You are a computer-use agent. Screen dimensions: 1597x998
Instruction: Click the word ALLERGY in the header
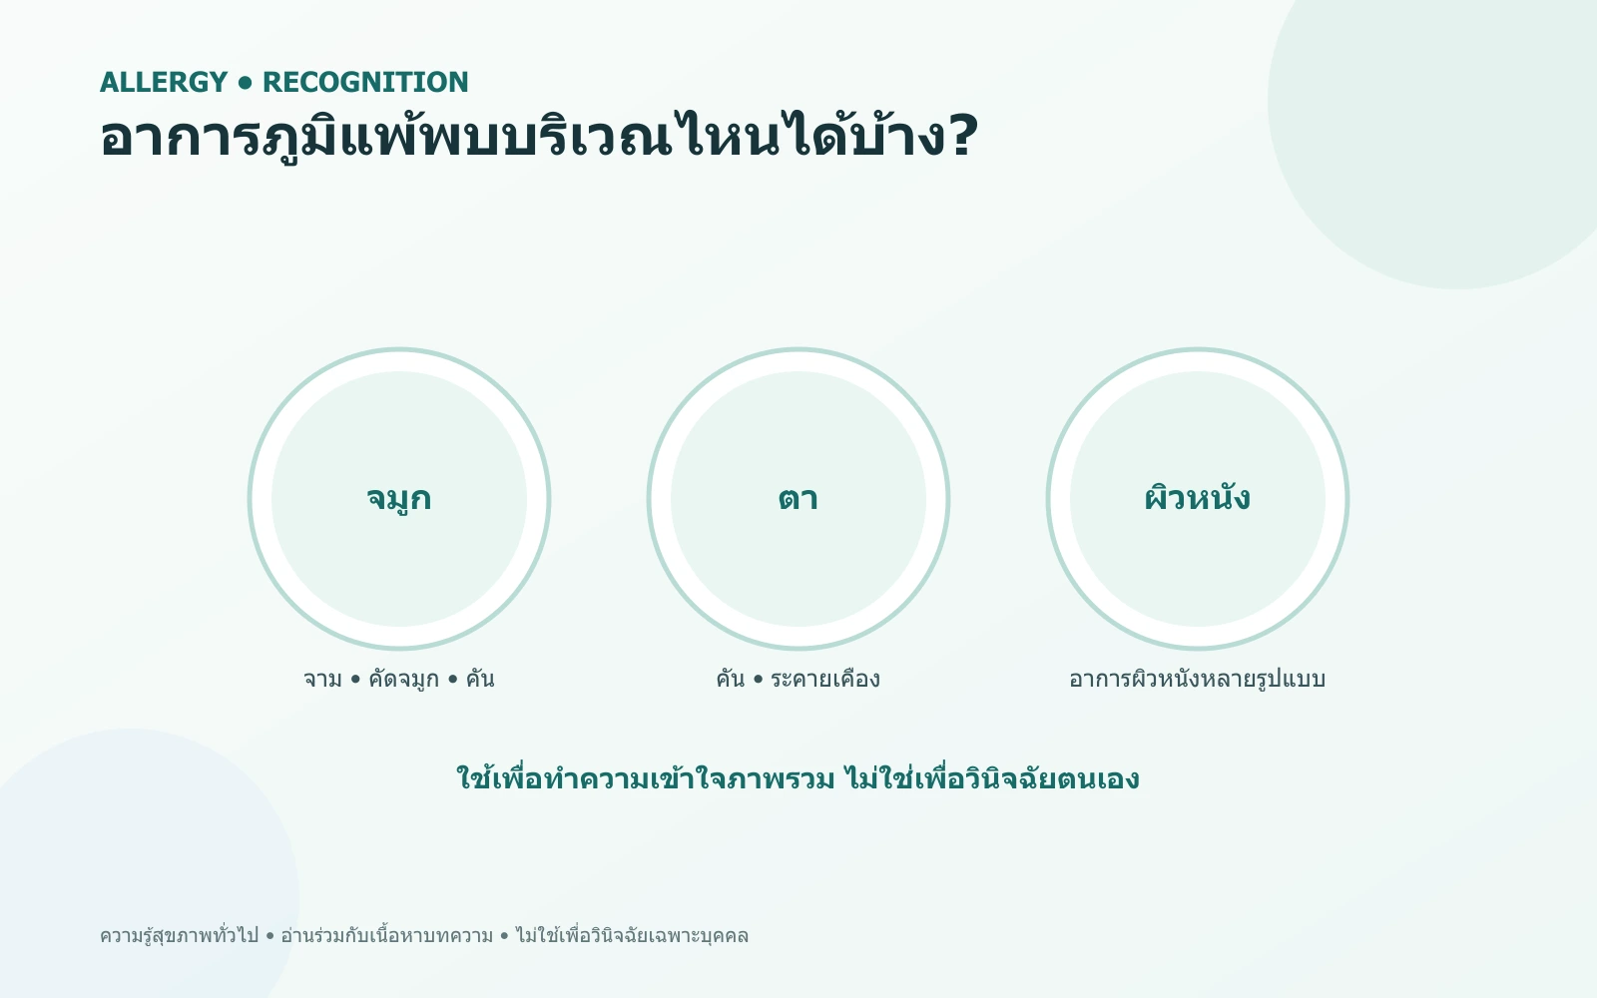click(x=164, y=82)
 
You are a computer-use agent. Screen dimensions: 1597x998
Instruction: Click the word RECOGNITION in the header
click(x=365, y=82)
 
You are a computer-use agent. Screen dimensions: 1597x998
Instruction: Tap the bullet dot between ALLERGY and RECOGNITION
click(x=246, y=84)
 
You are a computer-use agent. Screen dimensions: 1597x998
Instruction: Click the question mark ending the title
click(x=962, y=135)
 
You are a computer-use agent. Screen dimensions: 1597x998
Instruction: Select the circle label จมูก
click(x=399, y=498)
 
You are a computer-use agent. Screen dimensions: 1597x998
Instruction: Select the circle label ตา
click(x=798, y=498)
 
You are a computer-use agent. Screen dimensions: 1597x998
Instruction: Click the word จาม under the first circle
click(x=323, y=679)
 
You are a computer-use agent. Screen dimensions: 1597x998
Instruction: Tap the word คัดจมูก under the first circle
click(x=403, y=679)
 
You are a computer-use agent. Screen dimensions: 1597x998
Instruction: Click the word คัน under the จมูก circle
click(x=480, y=678)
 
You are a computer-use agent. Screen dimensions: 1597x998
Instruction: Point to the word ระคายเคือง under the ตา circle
click(x=825, y=678)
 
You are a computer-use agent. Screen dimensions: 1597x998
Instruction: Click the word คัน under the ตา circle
click(x=731, y=678)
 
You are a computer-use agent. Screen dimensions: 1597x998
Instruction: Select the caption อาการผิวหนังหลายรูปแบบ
click(x=1198, y=678)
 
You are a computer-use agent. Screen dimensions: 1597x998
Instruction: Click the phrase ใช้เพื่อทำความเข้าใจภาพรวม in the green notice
click(x=645, y=777)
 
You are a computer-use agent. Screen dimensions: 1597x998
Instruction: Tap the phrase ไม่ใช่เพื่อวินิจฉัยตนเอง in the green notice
click(x=992, y=777)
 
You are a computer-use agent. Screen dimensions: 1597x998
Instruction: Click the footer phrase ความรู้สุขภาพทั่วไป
click(x=179, y=935)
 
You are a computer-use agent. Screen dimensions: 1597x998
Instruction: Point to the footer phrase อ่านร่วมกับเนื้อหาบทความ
click(x=386, y=935)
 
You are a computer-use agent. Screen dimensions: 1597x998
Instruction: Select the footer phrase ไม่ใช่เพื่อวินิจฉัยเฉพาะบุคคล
click(x=632, y=935)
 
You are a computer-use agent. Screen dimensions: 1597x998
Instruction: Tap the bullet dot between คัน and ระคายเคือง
click(x=758, y=680)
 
